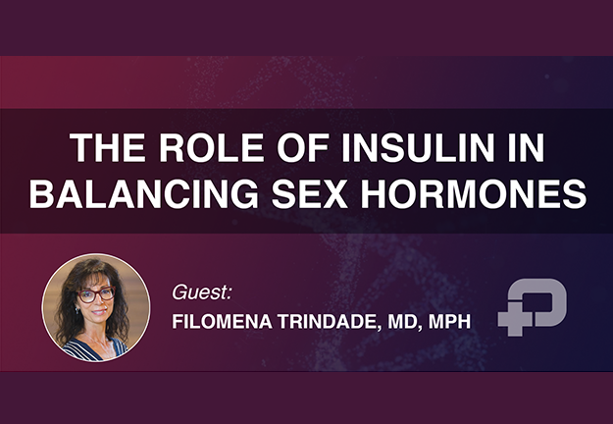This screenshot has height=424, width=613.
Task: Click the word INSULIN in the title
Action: tap(418, 148)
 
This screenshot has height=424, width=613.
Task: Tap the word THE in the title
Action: tap(108, 148)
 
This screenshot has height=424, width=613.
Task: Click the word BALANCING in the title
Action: tap(144, 193)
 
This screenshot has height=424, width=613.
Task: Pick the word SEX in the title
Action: tap(310, 193)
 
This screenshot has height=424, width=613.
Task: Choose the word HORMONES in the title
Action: tap(474, 193)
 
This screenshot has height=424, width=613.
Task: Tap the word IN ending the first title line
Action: tap(527, 148)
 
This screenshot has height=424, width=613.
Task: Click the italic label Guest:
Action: tap(202, 292)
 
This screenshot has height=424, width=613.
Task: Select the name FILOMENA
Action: tap(222, 322)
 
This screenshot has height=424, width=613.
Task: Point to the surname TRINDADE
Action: tap(330, 322)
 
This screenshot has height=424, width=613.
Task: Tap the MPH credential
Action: tap(449, 322)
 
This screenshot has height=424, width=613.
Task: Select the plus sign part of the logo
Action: tap(515, 319)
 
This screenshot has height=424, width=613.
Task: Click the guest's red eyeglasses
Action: tap(96, 294)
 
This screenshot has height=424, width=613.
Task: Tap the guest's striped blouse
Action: tap(95, 349)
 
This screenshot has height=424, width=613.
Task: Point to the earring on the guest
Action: tap(77, 310)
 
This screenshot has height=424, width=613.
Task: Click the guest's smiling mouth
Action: tap(99, 312)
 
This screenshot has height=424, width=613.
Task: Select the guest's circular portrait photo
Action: tap(96, 307)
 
